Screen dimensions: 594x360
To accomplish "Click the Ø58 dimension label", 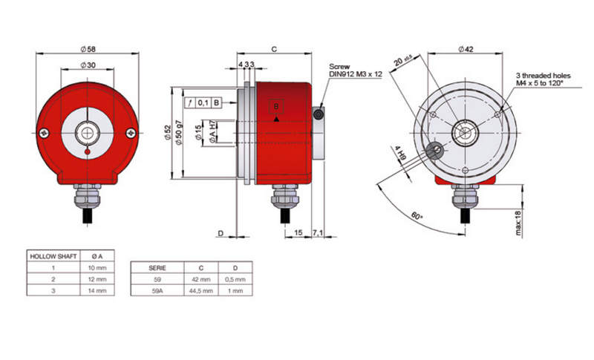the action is pyautogui.click(x=88, y=49).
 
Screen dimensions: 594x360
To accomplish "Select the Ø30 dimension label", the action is pyautogui.click(x=88, y=65).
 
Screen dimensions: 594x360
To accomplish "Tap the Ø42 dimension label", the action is pyautogui.click(x=466, y=49).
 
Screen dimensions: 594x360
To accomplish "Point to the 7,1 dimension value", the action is pyautogui.click(x=318, y=232).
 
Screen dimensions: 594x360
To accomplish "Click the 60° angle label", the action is pyautogui.click(x=417, y=216).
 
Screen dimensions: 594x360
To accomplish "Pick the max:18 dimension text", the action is pyautogui.click(x=518, y=223).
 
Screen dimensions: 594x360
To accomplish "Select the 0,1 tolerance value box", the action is pyautogui.click(x=203, y=102).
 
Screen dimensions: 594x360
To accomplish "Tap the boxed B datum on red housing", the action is pyautogui.click(x=276, y=106).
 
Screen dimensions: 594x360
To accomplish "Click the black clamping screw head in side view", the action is pyautogui.click(x=319, y=114).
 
